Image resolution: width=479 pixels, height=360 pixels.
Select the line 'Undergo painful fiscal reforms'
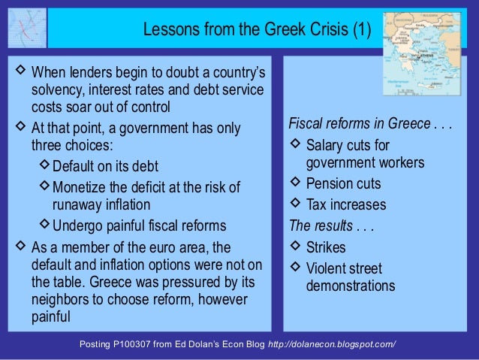(x=139, y=225)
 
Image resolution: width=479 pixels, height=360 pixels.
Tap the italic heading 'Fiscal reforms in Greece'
(x=359, y=124)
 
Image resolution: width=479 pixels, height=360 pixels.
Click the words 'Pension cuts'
(x=344, y=184)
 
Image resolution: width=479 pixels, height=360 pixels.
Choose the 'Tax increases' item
(x=346, y=204)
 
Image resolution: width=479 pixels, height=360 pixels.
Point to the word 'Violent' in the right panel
(x=327, y=268)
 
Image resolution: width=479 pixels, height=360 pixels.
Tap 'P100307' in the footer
(x=142, y=344)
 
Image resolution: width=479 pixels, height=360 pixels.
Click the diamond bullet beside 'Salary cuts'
(x=295, y=144)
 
